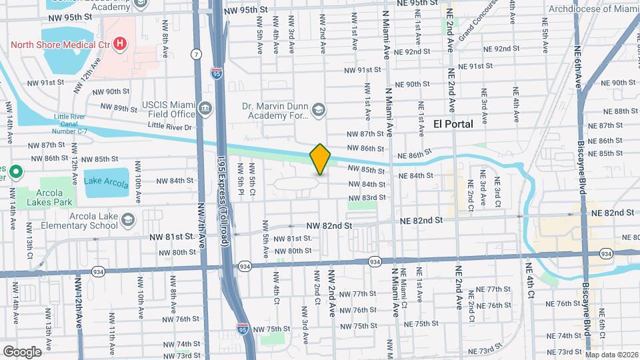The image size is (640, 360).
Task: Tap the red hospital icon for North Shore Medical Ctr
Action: click(x=120, y=45)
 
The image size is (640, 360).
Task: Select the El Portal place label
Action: click(x=453, y=124)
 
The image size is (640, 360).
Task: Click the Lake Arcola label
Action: click(x=107, y=180)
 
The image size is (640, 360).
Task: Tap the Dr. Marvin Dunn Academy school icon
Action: click(x=319, y=109)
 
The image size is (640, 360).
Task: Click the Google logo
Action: click(x=22, y=351)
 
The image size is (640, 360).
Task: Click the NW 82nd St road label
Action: click(x=330, y=226)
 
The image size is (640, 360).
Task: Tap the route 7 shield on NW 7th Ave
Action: click(x=196, y=53)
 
